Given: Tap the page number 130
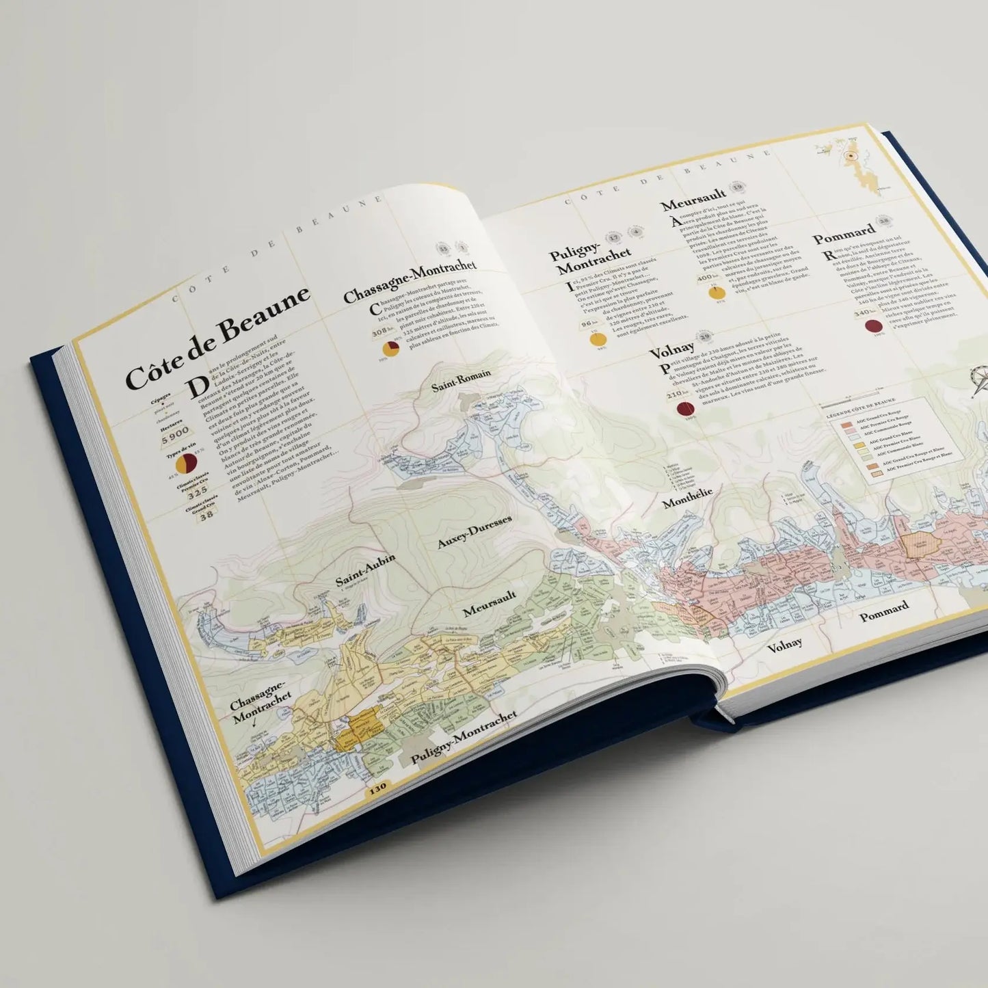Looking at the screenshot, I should click(x=377, y=787).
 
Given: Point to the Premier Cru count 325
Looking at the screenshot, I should click(x=197, y=493).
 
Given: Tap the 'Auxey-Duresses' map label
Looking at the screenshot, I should click(x=474, y=532).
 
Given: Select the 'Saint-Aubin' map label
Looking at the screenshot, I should click(x=365, y=570).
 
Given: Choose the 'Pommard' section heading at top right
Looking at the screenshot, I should click(x=844, y=232).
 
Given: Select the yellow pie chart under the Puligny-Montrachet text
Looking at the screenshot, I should click(x=599, y=339).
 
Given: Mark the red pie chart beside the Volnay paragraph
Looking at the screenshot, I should click(x=686, y=409).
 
